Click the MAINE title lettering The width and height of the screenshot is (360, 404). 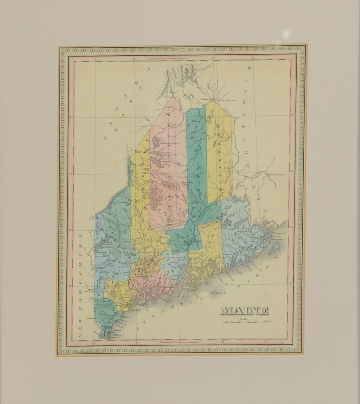pos(244,311)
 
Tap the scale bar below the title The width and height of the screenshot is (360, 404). pos(247,322)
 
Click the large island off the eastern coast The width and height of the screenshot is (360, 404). pos(276,248)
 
